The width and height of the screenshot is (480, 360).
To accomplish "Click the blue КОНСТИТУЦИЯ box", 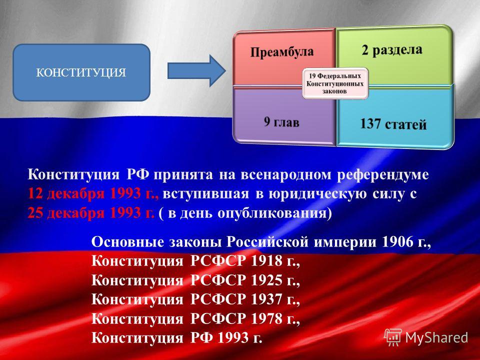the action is (81, 72).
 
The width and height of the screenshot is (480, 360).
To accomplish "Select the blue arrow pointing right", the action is (196, 71).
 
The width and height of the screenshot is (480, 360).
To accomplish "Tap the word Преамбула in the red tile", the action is (282, 52).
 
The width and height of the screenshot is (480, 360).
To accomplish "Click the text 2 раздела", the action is (392, 50).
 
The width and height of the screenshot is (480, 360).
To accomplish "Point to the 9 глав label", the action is (281, 122).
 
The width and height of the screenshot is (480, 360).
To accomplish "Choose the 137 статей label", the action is (393, 124).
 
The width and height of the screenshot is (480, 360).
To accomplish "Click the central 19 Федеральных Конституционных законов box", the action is (335, 83).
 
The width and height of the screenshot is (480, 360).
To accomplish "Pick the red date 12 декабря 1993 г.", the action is (93, 194).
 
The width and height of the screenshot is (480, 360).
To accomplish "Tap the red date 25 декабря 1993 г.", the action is (91, 213).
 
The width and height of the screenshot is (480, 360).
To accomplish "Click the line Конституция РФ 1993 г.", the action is (177, 338).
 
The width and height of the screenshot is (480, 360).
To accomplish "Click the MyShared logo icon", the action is (393, 337).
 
